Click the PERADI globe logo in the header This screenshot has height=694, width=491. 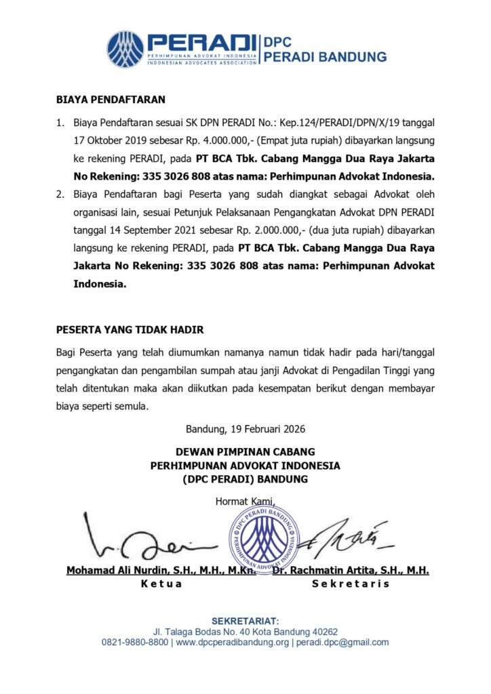[x=125, y=49]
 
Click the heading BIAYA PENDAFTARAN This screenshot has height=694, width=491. [x=111, y=100]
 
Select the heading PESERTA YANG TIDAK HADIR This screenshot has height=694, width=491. [x=130, y=330]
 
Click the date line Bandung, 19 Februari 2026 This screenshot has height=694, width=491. [x=245, y=429]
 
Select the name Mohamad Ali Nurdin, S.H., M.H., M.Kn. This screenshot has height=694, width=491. [x=161, y=571]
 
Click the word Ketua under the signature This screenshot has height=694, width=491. [x=161, y=584]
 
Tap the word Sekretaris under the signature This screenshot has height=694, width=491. [x=351, y=584]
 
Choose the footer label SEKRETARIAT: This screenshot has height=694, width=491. [x=245, y=621]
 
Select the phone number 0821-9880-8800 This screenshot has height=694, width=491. [x=135, y=642]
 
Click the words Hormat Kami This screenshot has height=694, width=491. [x=245, y=502]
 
